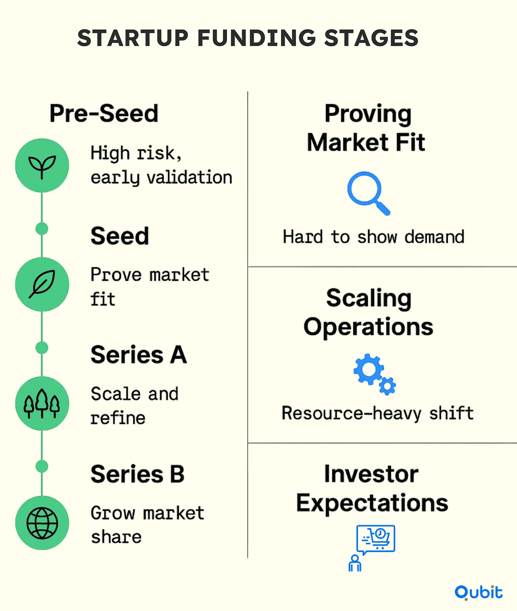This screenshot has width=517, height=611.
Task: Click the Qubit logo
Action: tap(479, 593)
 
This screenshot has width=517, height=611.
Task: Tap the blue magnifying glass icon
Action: tap(368, 193)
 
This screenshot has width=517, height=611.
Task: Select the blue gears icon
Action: tap(374, 374)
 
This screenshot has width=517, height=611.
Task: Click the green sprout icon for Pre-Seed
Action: tap(42, 165)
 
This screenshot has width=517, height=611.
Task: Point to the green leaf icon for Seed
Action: tap(42, 284)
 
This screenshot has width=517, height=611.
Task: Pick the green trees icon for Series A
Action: tap(42, 403)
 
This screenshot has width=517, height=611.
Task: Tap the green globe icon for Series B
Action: tap(42, 523)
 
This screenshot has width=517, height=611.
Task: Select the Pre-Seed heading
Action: tap(104, 113)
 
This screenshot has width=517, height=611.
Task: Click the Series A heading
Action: tap(139, 355)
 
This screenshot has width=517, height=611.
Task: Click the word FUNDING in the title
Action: tap(257, 38)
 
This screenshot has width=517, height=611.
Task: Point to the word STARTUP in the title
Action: tap(133, 38)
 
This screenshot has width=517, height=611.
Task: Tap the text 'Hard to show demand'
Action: tap(374, 237)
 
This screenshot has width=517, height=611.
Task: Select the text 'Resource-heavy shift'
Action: tap(378, 413)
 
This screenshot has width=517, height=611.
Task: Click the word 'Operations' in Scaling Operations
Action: tap(368, 327)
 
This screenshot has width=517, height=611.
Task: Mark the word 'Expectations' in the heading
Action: tap(372, 504)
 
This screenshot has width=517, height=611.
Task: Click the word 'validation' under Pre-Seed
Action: tap(189, 177)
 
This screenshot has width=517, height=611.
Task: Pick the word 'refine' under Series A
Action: tap(118, 418)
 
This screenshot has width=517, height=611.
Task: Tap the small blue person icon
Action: tap(355, 563)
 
